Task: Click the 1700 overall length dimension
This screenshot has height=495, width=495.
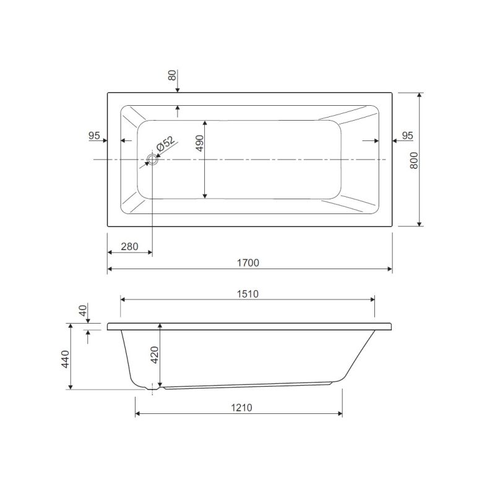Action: [x=248, y=262]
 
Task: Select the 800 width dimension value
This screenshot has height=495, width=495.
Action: [x=414, y=160]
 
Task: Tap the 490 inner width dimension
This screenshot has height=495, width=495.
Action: [x=200, y=143]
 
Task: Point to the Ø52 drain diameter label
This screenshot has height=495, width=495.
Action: [x=165, y=144]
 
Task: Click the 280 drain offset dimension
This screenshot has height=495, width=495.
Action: [x=129, y=246]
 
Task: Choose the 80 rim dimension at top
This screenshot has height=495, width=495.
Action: [x=172, y=75]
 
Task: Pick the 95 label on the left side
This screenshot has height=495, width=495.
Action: [x=94, y=136]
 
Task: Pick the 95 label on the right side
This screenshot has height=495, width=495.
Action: [x=408, y=136]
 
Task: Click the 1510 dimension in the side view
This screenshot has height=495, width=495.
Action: [x=248, y=294]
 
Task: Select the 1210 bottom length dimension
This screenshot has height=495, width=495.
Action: [x=241, y=408]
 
